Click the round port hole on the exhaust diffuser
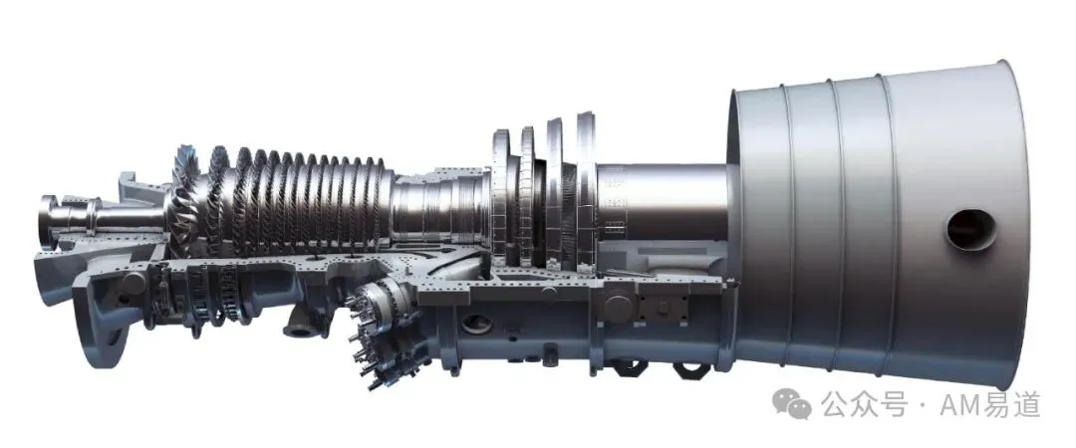tap(971, 229)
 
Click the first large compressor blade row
tap(185, 199)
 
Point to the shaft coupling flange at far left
tap(48, 221)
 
